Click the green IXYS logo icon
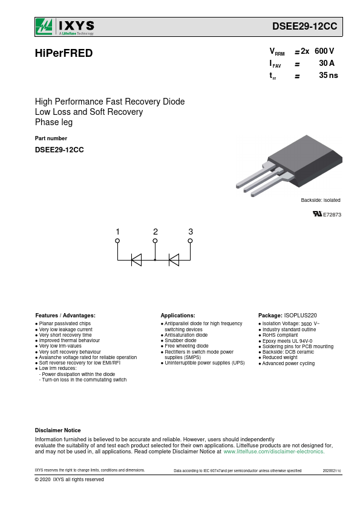pos(44,27)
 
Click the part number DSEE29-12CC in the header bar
pos(304,26)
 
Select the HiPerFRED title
pos(64,53)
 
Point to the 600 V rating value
pos(324,51)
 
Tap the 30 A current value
pos(327,63)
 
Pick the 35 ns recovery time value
pos(328,75)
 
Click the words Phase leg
pos(54,122)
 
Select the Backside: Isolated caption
pos(320,200)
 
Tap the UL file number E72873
pos(332,215)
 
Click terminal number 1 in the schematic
pos(117,232)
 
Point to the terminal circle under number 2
pos(155,241)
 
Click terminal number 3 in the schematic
pos(191,232)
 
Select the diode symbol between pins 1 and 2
pos(137,260)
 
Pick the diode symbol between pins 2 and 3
pos(174,260)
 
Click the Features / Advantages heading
pos(65,316)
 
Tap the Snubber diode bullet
pos(180,340)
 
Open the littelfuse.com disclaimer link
pos(274,452)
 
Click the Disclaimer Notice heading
pos(58,430)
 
